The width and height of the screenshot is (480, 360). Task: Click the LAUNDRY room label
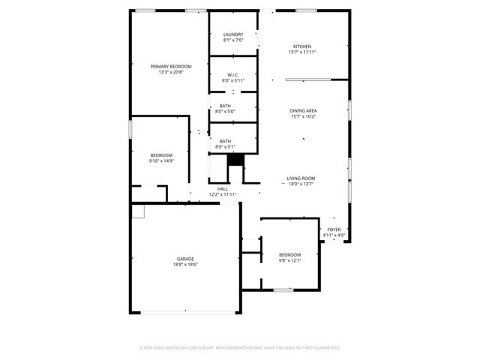click(x=233, y=34)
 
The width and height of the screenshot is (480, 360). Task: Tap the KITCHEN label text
click(x=302, y=46)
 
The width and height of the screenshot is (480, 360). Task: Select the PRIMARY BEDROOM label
click(x=170, y=67)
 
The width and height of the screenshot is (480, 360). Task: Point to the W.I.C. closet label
click(x=233, y=74)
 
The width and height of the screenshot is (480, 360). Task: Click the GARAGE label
click(x=185, y=259)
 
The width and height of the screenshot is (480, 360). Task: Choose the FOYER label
click(x=334, y=229)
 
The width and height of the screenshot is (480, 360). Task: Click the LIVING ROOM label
click(x=300, y=178)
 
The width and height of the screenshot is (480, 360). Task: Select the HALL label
click(x=223, y=189)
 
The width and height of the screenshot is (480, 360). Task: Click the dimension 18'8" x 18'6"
click(x=185, y=265)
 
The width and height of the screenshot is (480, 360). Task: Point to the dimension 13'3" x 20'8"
click(x=170, y=72)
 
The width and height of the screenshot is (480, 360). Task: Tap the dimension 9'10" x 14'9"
click(x=161, y=160)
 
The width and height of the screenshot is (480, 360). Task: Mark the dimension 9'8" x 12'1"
click(x=289, y=260)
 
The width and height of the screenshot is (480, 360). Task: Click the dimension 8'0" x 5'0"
click(x=225, y=112)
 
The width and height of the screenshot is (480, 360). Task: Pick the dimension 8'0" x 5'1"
click(x=225, y=147)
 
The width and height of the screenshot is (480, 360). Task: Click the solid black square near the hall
click(x=235, y=160)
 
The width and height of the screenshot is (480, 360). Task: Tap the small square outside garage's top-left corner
click(x=137, y=211)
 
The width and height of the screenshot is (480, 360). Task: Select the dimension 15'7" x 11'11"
click(x=302, y=52)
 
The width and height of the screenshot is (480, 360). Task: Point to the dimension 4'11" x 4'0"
click(x=334, y=235)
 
